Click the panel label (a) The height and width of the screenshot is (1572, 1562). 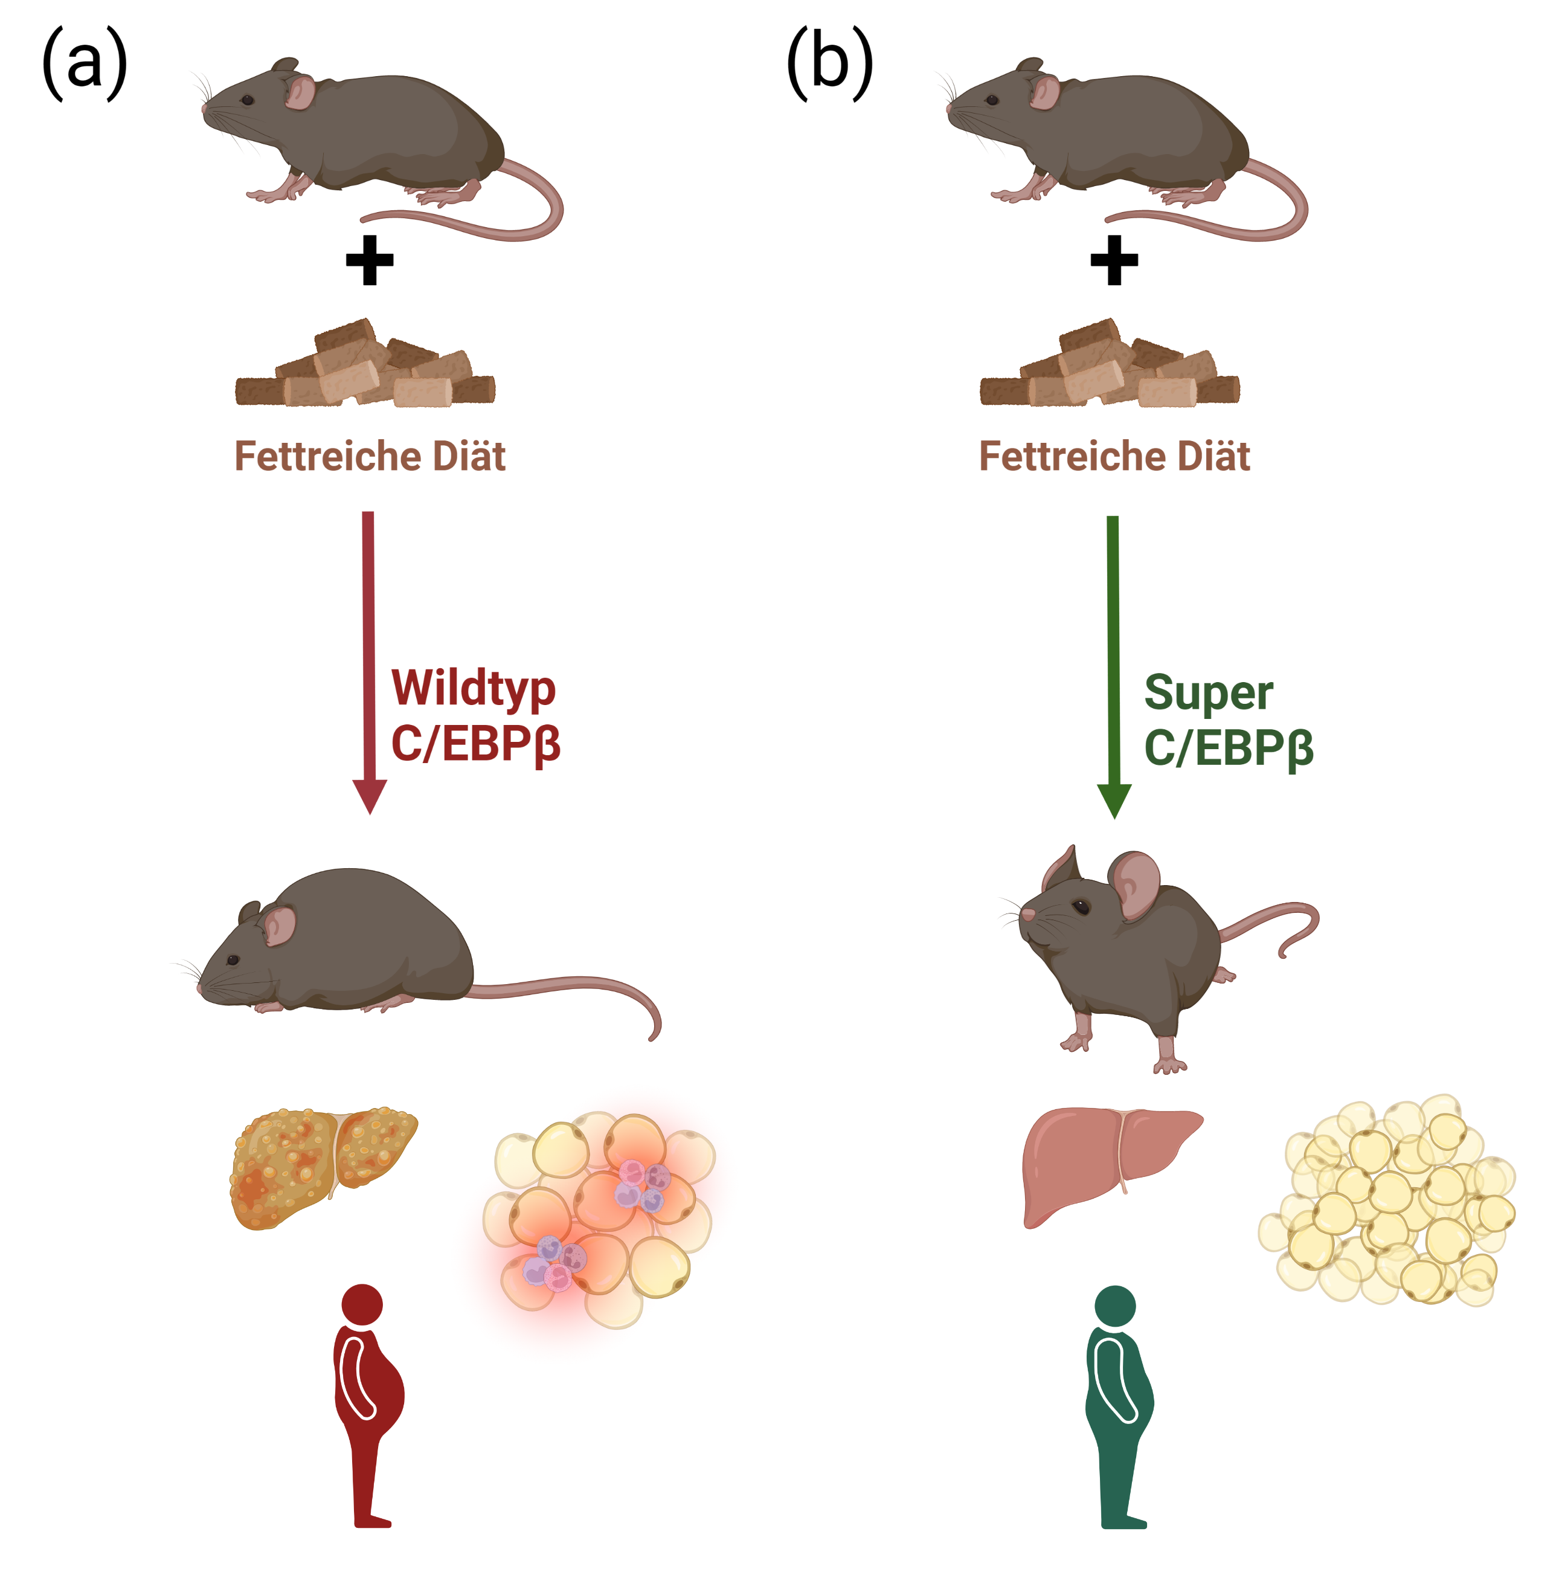pyautogui.click(x=85, y=63)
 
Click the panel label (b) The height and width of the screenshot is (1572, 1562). pyautogui.click(x=830, y=63)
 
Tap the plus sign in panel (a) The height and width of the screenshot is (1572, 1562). pyautogui.click(x=369, y=260)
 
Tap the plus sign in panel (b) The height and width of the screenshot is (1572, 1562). pyautogui.click(x=1114, y=260)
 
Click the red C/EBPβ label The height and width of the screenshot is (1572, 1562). pyautogui.click(x=476, y=744)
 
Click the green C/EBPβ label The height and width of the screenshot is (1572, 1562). pyautogui.click(x=1229, y=748)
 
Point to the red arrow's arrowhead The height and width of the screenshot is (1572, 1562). pyautogui.click(x=369, y=797)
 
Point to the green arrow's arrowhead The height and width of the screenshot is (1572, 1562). pyautogui.click(x=1114, y=802)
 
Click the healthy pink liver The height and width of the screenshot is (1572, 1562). pyautogui.click(x=1110, y=1166)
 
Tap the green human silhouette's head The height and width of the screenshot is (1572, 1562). pyautogui.click(x=1114, y=1307)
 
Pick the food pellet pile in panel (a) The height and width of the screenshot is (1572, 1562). pyautogui.click(x=365, y=363)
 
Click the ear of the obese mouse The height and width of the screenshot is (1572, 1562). pyautogui.click(x=278, y=925)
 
